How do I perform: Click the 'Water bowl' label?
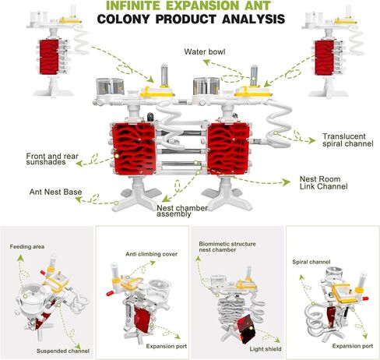[x=205, y=51]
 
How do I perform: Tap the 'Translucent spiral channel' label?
[x=348, y=140]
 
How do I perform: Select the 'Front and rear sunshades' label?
[x=52, y=159]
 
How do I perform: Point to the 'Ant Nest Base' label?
[x=55, y=192]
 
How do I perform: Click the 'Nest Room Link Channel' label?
[x=323, y=182]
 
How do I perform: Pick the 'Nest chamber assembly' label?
[x=182, y=211]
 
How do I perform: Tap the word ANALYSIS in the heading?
[x=253, y=19]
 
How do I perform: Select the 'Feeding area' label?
[x=27, y=246]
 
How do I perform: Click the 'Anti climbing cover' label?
[x=152, y=254]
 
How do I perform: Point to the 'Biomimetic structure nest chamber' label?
[x=227, y=247]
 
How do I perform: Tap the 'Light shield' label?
[x=266, y=349]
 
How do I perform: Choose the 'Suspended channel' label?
[x=63, y=351]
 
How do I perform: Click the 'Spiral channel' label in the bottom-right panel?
[x=311, y=262]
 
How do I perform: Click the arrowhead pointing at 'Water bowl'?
[x=206, y=62]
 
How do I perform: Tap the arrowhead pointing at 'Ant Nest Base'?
[x=79, y=199]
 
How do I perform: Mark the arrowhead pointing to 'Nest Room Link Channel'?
[x=287, y=182]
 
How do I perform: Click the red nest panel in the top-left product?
[x=49, y=57]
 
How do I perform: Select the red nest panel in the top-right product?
[x=324, y=58]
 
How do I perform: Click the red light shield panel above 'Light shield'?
[x=245, y=329]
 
